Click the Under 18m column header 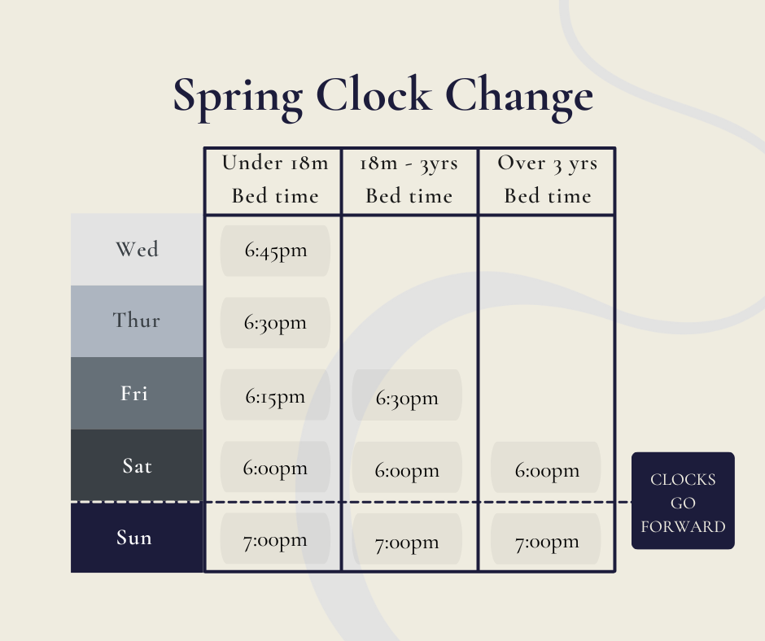pyautogui.click(x=275, y=179)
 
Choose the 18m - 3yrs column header pyautogui.click(x=409, y=179)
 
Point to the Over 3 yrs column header pyautogui.click(x=547, y=179)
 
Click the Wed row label pyautogui.click(x=137, y=249)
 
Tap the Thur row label pyautogui.click(x=137, y=320)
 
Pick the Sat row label pyautogui.click(x=137, y=466)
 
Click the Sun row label pyautogui.click(x=134, y=538)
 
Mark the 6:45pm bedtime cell pyautogui.click(x=275, y=251)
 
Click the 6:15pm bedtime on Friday pyautogui.click(x=275, y=396)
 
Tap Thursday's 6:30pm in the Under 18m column pyautogui.click(x=275, y=323)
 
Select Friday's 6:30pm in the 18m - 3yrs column pyautogui.click(x=407, y=399)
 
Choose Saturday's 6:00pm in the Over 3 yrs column pyautogui.click(x=547, y=470)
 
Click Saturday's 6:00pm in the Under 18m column pyautogui.click(x=275, y=468)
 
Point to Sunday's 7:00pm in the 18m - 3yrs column pyautogui.click(x=407, y=542)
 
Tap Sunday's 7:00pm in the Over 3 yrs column pyautogui.click(x=547, y=542)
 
